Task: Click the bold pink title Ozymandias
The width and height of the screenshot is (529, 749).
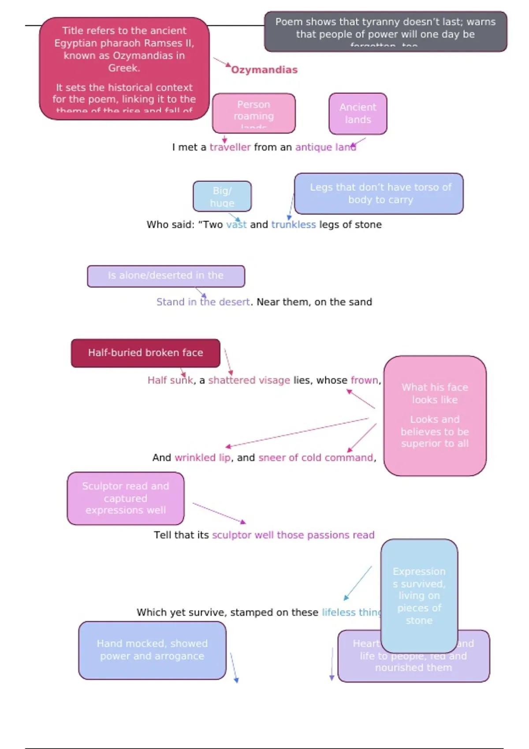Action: pyautogui.click(x=264, y=70)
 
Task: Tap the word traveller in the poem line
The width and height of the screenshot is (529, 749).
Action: pyautogui.click(x=230, y=147)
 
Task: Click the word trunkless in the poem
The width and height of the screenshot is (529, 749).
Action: pyautogui.click(x=293, y=225)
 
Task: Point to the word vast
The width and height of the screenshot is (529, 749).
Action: pyautogui.click(x=236, y=225)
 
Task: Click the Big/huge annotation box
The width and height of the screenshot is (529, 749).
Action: pyautogui.click(x=222, y=197)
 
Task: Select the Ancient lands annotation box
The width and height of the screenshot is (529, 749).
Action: pyautogui.click(x=358, y=114)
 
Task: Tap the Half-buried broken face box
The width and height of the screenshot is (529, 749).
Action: pyautogui.click(x=145, y=353)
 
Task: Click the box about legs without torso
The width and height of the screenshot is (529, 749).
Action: pyautogui.click(x=379, y=193)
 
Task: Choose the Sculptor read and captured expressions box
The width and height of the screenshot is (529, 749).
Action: pyautogui.click(x=126, y=498)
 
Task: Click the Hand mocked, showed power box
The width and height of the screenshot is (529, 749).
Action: pyautogui.click(x=152, y=650)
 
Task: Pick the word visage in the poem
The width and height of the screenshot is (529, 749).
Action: pyautogui.click(x=274, y=380)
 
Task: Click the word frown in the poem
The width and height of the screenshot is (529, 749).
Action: pyautogui.click(x=365, y=380)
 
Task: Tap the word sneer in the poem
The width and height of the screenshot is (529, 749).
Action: pyautogui.click(x=272, y=458)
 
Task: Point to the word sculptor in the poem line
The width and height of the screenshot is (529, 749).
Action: pyautogui.click(x=232, y=535)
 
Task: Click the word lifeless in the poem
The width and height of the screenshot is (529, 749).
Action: pyautogui.click(x=338, y=612)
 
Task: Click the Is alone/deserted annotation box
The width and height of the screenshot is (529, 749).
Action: pyautogui.click(x=166, y=276)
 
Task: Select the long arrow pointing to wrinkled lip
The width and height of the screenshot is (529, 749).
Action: pyautogui.click(x=297, y=432)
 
